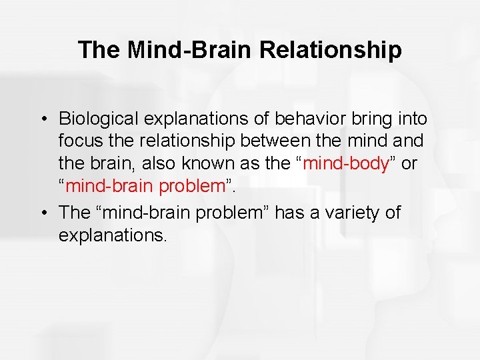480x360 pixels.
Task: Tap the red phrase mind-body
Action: point(346,164)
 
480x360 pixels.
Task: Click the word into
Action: point(411,119)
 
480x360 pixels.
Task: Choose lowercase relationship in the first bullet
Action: point(178,141)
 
